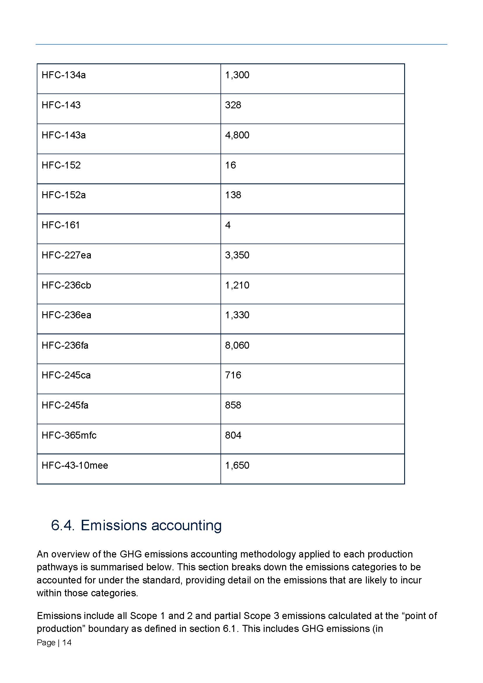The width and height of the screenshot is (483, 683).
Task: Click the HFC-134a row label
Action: [64, 75]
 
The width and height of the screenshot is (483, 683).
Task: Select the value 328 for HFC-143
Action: [233, 105]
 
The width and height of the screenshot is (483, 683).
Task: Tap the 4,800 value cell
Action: [237, 135]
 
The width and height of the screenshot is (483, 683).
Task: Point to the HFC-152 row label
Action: [61, 165]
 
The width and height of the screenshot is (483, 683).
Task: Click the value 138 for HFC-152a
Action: [233, 195]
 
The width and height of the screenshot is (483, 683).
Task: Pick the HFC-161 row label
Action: [61, 225]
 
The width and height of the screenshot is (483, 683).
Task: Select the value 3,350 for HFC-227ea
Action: [237, 255]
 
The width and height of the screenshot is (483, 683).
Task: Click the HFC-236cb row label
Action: [66, 285]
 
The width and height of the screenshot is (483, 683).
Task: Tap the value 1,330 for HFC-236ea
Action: [237, 315]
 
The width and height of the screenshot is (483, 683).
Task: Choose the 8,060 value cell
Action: [237, 345]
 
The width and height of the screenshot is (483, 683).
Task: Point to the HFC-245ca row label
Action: [66, 375]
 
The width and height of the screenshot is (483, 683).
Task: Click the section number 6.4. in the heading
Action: [62, 526]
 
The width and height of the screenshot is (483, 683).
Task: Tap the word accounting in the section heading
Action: [187, 526]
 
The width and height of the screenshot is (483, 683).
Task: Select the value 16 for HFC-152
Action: [230, 165]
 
